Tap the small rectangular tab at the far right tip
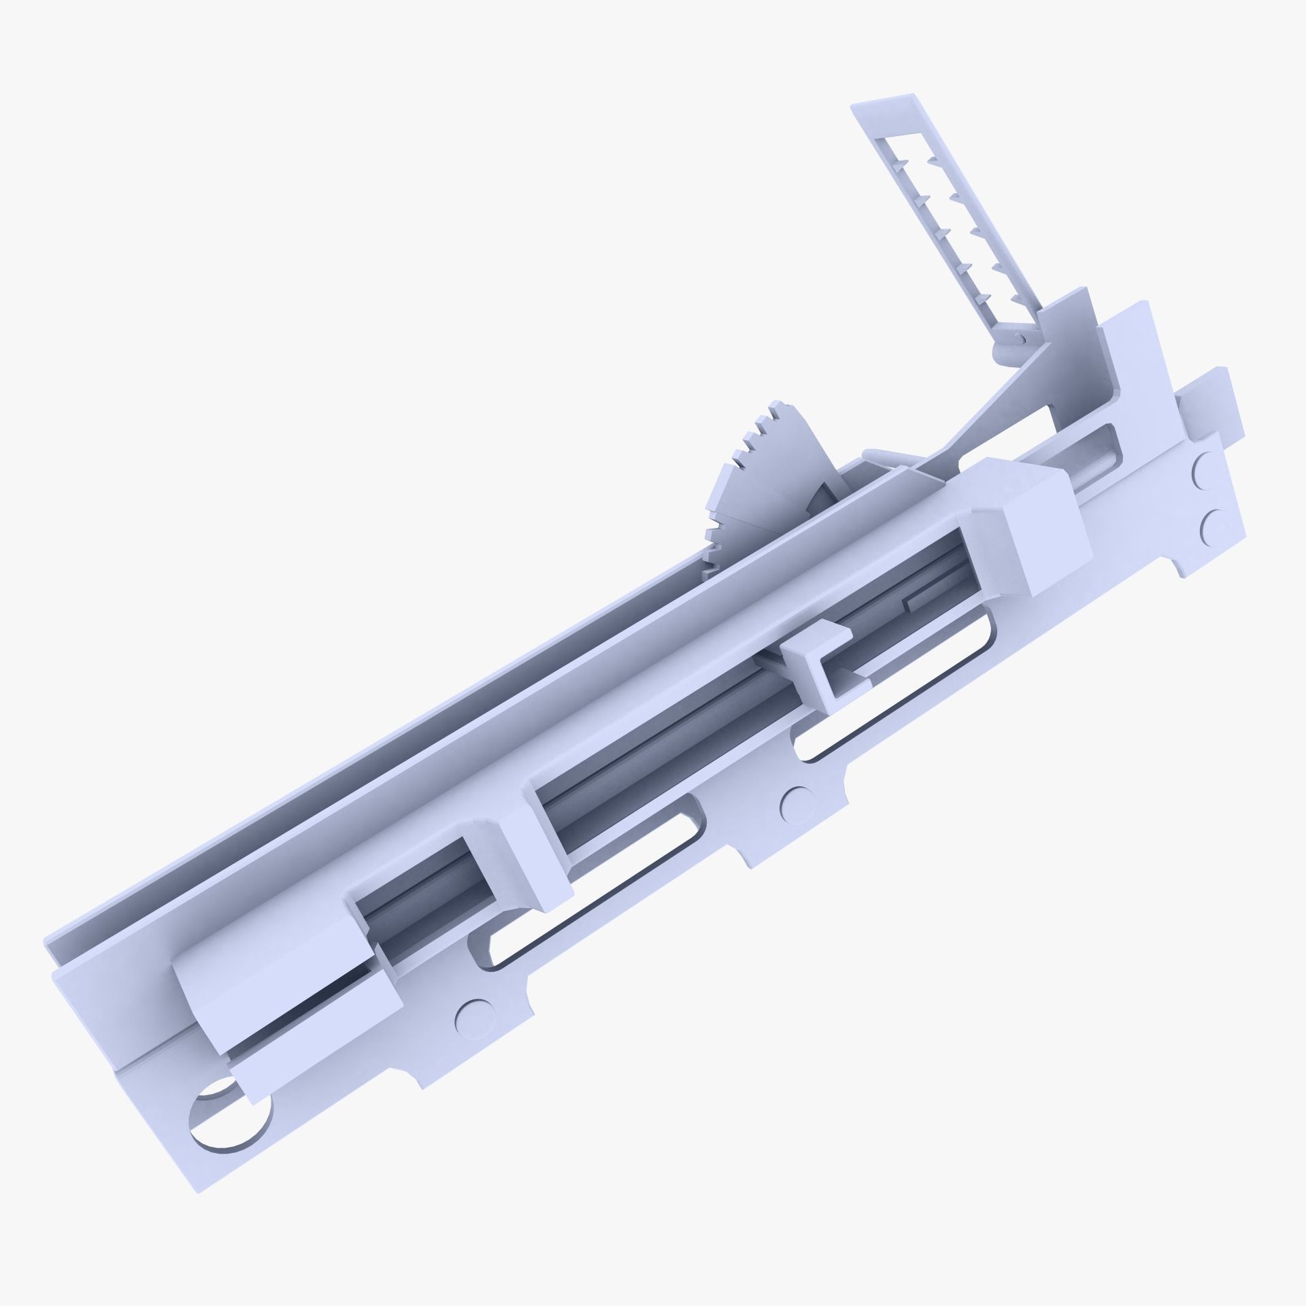pyautogui.click(x=1211, y=401)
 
